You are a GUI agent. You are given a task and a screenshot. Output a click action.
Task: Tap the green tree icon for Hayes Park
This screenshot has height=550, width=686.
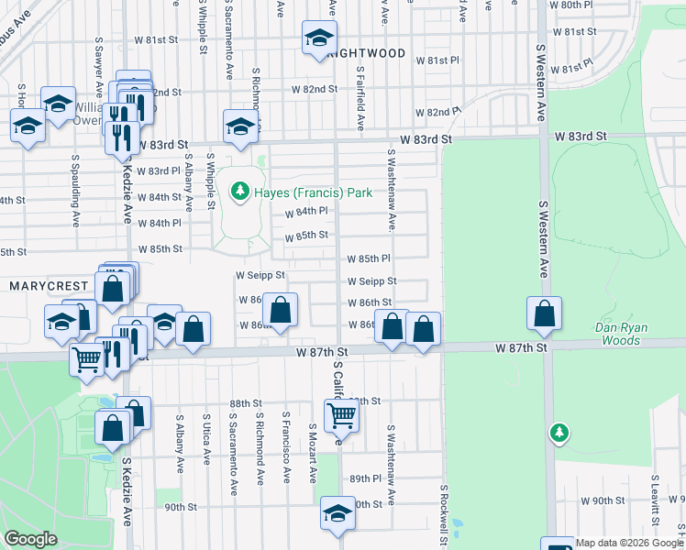coord(240,192)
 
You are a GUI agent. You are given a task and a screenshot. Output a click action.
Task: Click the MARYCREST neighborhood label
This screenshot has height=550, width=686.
coord(47,286)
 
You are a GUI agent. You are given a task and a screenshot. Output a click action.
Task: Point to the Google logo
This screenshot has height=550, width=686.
coord(30,539)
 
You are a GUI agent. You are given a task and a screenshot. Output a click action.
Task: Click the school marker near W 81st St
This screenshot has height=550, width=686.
coord(319,38)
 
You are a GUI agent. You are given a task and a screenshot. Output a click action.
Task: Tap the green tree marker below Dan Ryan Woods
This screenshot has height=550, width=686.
coord(559,432)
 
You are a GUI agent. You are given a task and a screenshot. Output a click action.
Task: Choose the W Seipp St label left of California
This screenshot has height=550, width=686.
coord(260,274)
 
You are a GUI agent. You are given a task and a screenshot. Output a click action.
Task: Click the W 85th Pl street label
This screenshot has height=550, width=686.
coord(370,259)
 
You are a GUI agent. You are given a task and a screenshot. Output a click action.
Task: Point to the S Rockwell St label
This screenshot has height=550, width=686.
coord(443,516)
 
